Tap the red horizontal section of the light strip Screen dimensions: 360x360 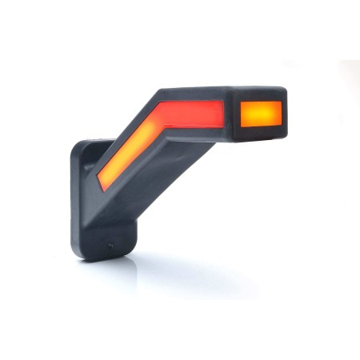191,114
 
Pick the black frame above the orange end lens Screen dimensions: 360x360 261,94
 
